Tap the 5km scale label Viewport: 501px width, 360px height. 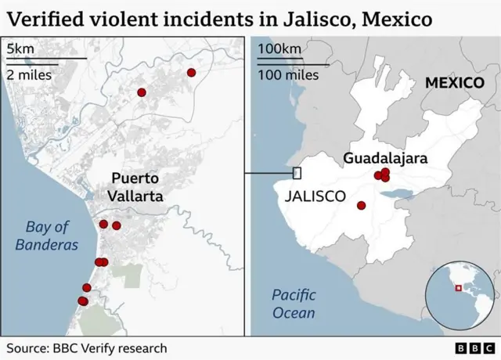tap(20, 49)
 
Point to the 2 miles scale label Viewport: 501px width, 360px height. tap(30, 75)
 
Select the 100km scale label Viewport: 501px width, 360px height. tap(279, 49)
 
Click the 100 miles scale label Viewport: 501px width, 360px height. tap(288, 75)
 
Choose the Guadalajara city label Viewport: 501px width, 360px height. tap(385, 159)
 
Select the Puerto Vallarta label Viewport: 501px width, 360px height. tap(135, 187)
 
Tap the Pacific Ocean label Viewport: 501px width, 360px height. tap(294, 304)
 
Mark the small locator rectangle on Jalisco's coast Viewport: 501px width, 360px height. tap(297, 173)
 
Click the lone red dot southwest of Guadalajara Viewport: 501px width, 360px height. tap(361, 206)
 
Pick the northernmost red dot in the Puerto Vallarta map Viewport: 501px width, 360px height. tap(191, 73)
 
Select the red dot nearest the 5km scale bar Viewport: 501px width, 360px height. tap(142, 92)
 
